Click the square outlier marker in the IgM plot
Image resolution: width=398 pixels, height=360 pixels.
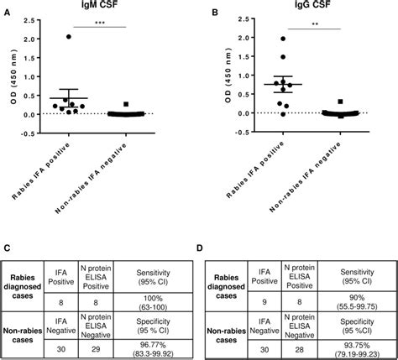click(x=125, y=104)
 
